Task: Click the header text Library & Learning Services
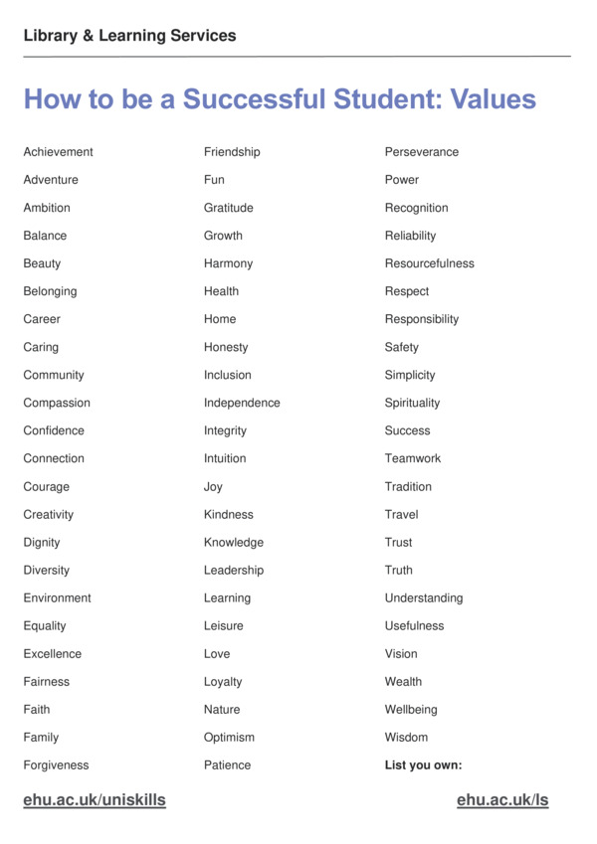pyautogui.click(x=129, y=36)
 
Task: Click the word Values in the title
pyautogui.click(x=493, y=99)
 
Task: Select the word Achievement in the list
pyautogui.click(x=58, y=152)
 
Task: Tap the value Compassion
pyautogui.click(x=57, y=403)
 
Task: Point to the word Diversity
pyautogui.click(x=47, y=570)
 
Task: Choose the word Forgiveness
pyautogui.click(x=56, y=764)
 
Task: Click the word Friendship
pyautogui.click(x=232, y=152)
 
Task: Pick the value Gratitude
pyautogui.click(x=228, y=208)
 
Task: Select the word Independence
pyautogui.click(x=242, y=403)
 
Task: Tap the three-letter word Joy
pyautogui.click(x=213, y=487)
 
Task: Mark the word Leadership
pyautogui.click(x=234, y=570)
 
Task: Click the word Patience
pyautogui.click(x=227, y=764)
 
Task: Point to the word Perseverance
pyautogui.click(x=422, y=152)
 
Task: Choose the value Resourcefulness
pyautogui.click(x=429, y=263)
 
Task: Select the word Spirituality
pyautogui.click(x=412, y=403)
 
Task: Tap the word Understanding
pyautogui.click(x=424, y=597)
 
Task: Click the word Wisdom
pyautogui.click(x=406, y=737)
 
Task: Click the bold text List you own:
pyautogui.click(x=423, y=764)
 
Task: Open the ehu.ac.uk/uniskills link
pyautogui.click(x=95, y=800)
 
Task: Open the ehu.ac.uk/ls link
pyautogui.click(x=502, y=800)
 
